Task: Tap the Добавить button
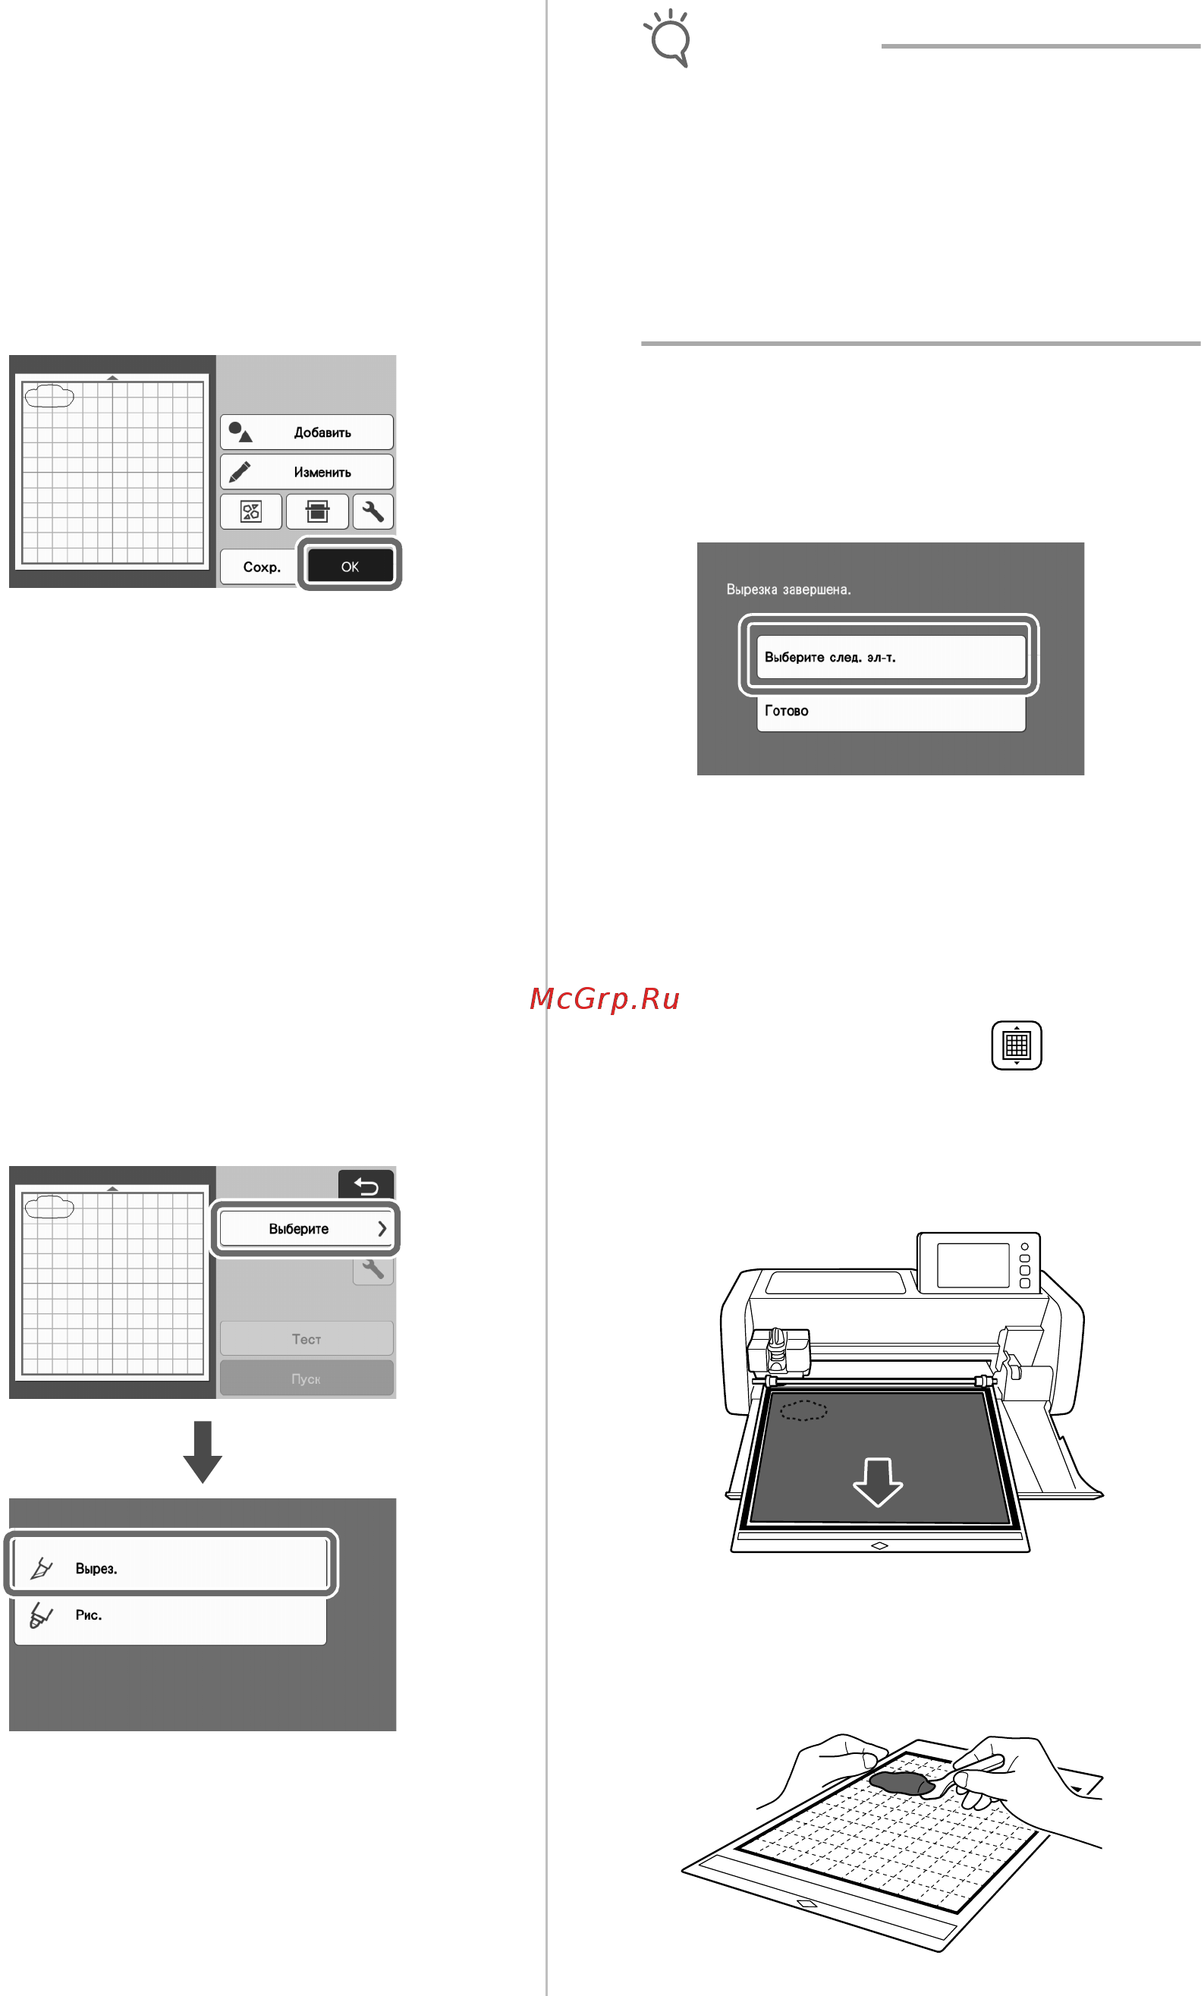point(307,432)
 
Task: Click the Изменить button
point(307,472)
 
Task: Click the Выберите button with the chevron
point(306,1228)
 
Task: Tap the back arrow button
point(366,1185)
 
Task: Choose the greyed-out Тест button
point(307,1339)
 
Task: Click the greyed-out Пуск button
point(307,1378)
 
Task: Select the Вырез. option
point(171,1569)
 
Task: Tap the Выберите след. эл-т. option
point(890,657)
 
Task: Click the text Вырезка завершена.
point(788,589)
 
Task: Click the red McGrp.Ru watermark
point(605,999)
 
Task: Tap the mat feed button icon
point(1017,1045)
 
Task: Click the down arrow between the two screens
point(203,1451)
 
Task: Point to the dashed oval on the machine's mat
point(803,1411)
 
